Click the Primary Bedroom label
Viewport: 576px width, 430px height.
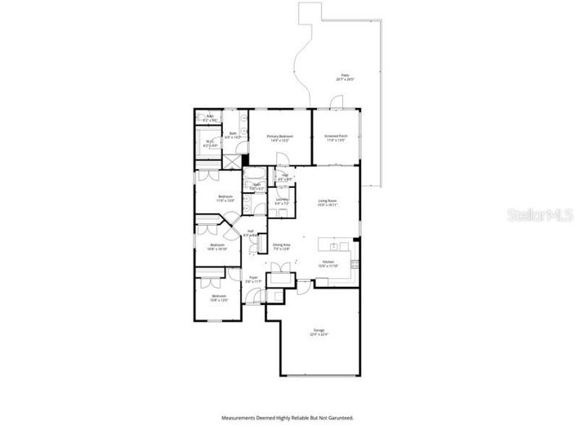(279, 137)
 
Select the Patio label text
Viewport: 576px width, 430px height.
(346, 78)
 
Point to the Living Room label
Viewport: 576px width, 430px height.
(328, 202)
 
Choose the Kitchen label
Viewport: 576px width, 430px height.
(328, 264)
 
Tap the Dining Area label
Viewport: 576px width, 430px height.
(282, 246)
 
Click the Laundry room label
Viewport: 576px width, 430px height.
(283, 200)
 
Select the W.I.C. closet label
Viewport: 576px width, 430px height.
(209, 142)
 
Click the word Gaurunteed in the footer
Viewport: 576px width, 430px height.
(337, 417)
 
